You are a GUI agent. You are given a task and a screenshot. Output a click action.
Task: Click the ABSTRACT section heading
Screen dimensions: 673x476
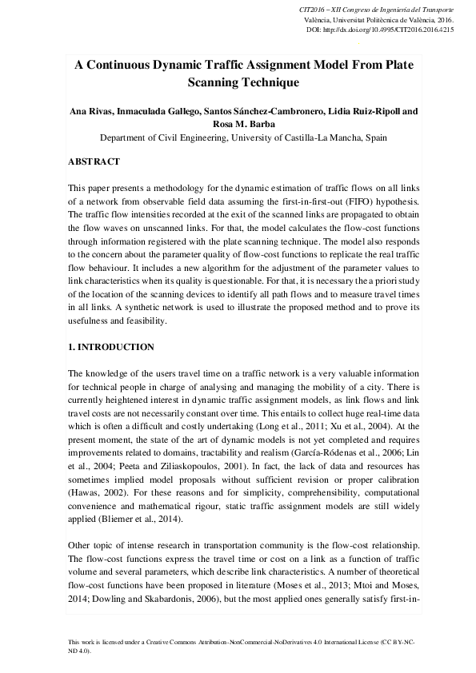click(x=94, y=161)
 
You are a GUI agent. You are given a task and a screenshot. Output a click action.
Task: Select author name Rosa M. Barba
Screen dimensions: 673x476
click(x=238, y=124)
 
